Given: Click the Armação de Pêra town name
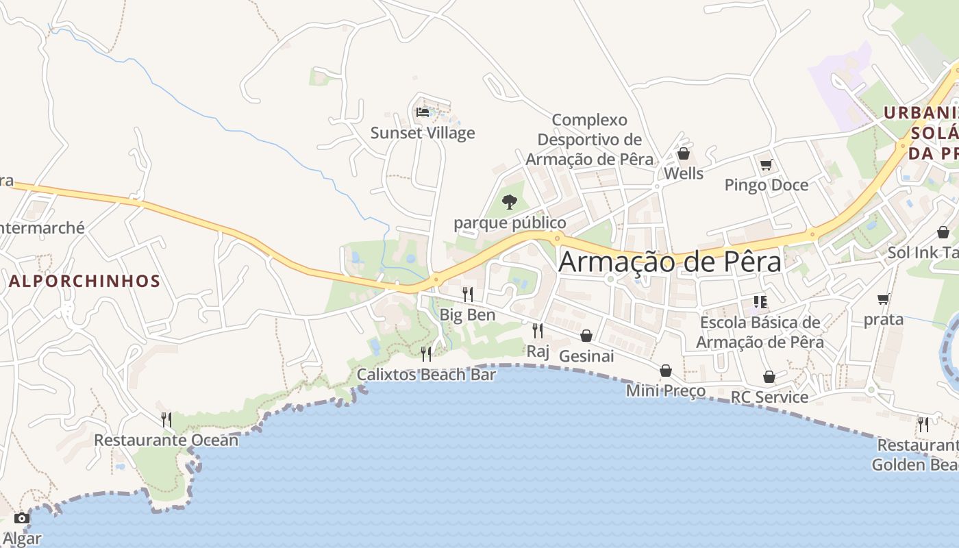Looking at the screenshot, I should (670, 262).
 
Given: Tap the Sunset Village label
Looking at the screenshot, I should (423, 133).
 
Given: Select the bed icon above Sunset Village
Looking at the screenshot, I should (423, 112).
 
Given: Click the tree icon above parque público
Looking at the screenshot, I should (509, 201).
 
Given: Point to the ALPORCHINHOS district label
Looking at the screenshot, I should (85, 281).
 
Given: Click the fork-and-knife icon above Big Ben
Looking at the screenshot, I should (468, 295).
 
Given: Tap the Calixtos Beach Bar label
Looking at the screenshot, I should (426, 375).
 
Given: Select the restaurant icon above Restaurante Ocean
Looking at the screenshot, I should (166, 419).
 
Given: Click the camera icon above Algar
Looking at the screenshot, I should (21, 518).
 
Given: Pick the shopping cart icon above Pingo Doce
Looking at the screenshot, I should (766, 164).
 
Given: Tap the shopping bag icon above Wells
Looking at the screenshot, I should (683, 153).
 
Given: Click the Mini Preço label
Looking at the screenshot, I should (666, 390).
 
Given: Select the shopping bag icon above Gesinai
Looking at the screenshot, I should (586, 336).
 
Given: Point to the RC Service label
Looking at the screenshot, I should (769, 397).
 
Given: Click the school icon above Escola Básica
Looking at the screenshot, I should (760, 301).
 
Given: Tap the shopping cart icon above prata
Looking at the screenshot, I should (884, 299).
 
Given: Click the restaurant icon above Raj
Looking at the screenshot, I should (538, 331).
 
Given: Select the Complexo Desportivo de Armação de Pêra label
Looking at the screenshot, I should (590, 140).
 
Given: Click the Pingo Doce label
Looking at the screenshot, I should (767, 185).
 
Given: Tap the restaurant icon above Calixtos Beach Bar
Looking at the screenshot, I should (426, 353).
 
